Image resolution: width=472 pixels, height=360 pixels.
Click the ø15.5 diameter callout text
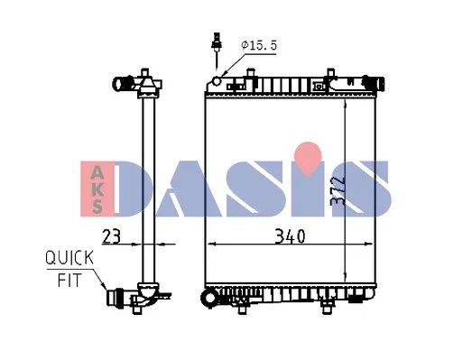coord(259,45)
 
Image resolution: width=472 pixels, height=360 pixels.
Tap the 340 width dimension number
coord(291,236)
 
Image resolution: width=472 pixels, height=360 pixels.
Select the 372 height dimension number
coord(338,191)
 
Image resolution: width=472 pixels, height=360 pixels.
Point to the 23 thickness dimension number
coord(111,236)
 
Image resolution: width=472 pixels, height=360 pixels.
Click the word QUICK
coord(69,258)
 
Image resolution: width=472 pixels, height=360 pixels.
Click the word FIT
coord(69,281)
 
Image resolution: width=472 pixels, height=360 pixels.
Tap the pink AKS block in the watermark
coord(97,189)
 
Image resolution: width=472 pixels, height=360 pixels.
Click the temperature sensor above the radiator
coord(217,51)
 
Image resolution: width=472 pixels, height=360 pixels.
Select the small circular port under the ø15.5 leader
coord(217,80)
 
